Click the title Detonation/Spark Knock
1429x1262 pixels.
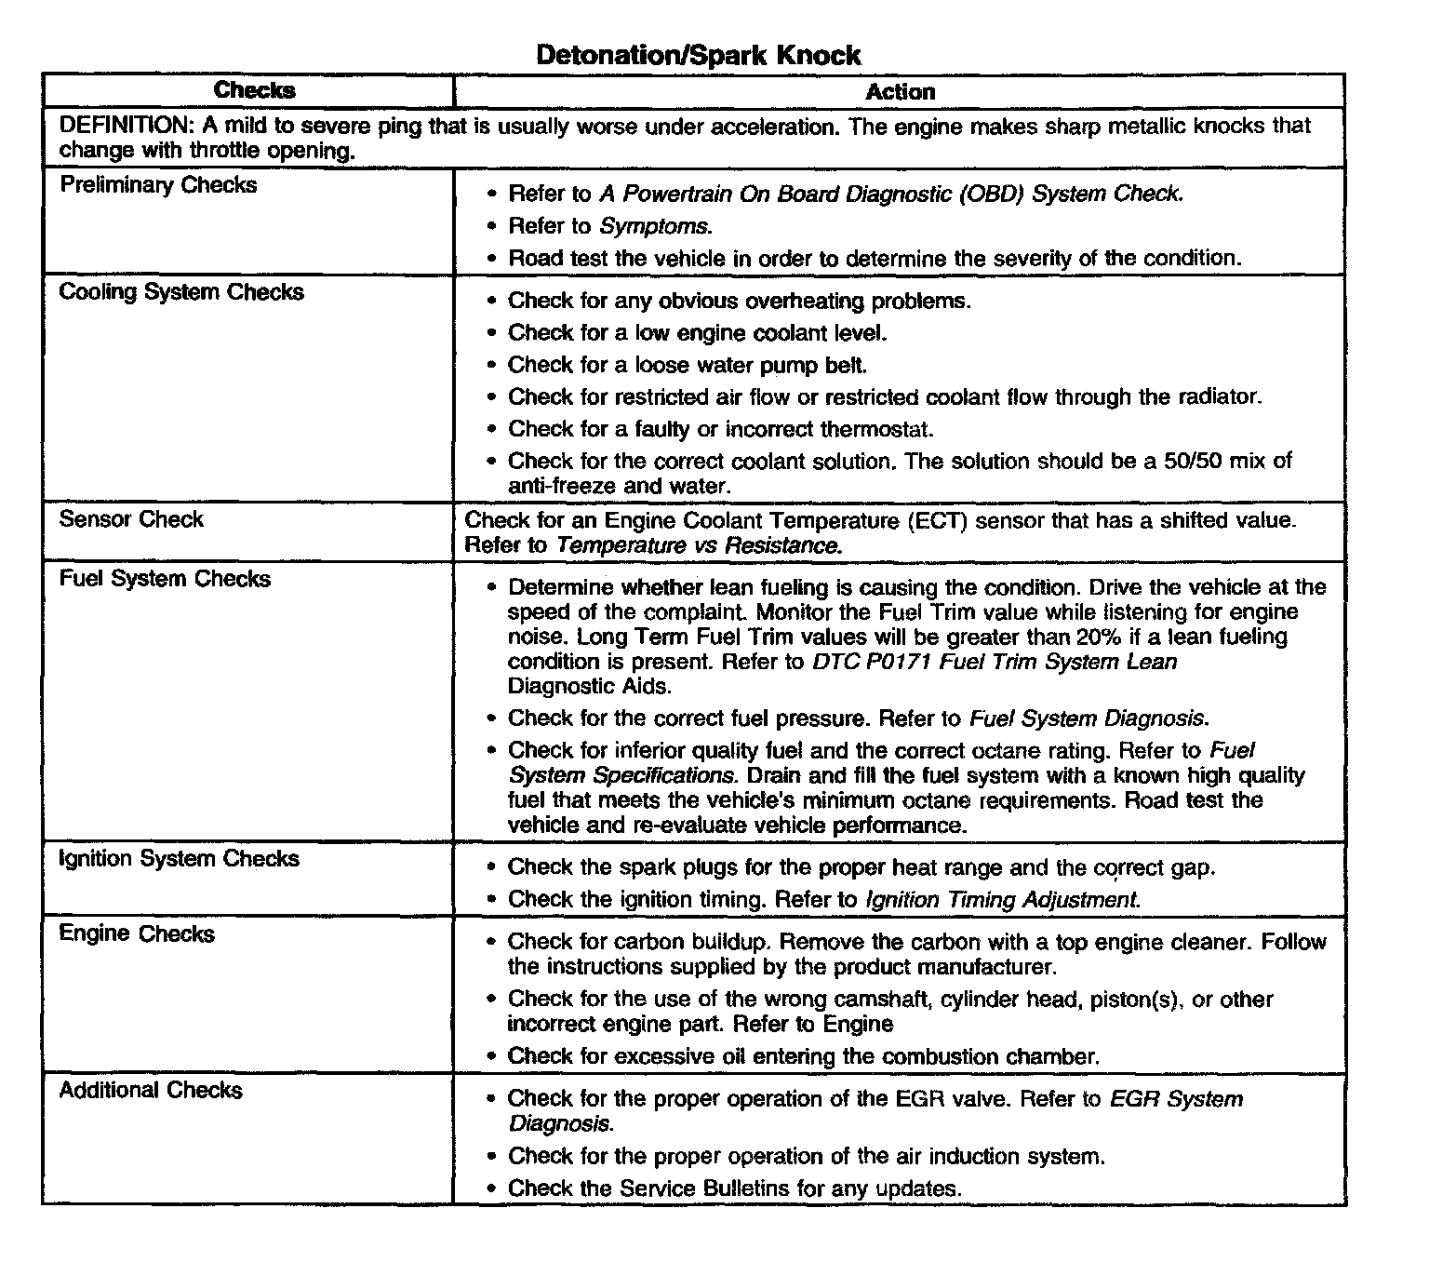pyautogui.click(x=699, y=55)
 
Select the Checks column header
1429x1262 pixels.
pyautogui.click(x=254, y=90)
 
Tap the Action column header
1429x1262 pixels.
pyautogui.click(x=900, y=92)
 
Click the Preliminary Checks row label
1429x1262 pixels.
pyautogui.click(x=158, y=185)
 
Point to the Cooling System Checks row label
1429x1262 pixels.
pyautogui.click(x=181, y=292)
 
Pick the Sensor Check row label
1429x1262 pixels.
pyautogui.click(x=131, y=519)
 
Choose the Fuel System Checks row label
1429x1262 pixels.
pyautogui.click(x=165, y=579)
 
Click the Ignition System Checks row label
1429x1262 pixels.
pyautogui.click(x=179, y=858)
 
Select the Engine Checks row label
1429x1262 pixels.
pyautogui.click(x=137, y=933)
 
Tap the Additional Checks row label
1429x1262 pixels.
pyautogui.click(x=151, y=1090)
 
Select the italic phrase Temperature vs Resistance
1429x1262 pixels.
pyautogui.click(x=699, y=545)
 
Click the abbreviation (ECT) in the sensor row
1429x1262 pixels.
pyautogui.click(x=938, y=520)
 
